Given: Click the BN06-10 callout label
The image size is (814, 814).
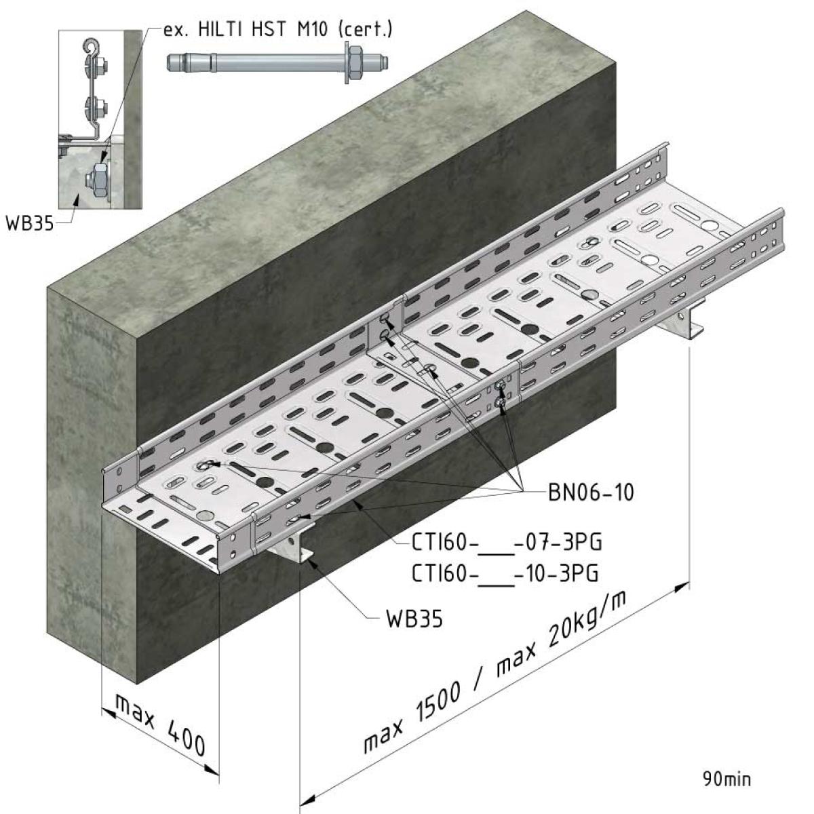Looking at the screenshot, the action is pyautogui.click(x=591, y=492).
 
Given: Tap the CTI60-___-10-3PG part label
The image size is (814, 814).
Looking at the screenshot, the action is pyautogui.click(x=505, y=573).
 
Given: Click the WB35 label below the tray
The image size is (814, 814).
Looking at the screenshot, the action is pyautogui.click(x=414, y=619).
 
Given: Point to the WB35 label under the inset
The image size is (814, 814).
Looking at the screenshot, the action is pyautogui.click(x=30, y=222).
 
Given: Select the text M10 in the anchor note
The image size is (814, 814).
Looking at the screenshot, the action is pyautogui.click(x=313, y=30).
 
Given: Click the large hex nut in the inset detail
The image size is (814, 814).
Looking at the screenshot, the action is pyautogui.click(x=99, y=180).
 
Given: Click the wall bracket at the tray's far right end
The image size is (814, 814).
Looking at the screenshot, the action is pyautogui.click(x=681, y=322).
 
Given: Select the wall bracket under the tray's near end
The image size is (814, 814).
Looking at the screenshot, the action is pyautogui.click(x=293, y=543).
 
